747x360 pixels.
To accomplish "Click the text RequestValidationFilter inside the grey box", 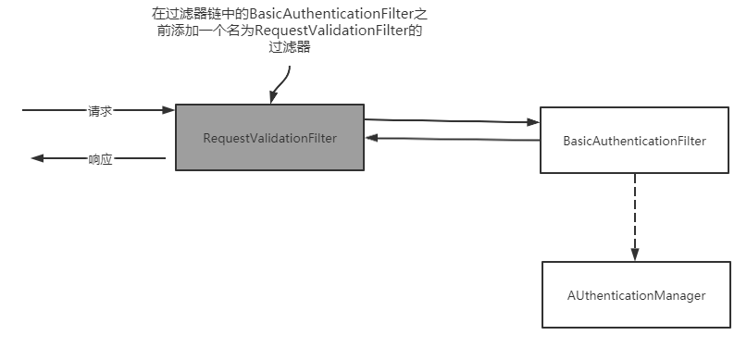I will pos(269,138).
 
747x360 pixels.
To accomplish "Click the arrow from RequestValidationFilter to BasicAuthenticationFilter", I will pos(452,120).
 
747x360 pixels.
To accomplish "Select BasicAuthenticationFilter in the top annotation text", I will pos(331,16).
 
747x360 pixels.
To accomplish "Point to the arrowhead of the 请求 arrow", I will pos(168,110).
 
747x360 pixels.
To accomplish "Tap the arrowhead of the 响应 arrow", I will pos(38,158).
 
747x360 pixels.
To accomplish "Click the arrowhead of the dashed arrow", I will pos(635,254).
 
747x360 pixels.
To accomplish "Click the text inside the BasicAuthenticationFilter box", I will pos(635,142).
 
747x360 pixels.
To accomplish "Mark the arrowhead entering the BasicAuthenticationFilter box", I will pos(533,122).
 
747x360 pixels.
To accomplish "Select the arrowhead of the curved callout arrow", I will pos(273,99).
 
